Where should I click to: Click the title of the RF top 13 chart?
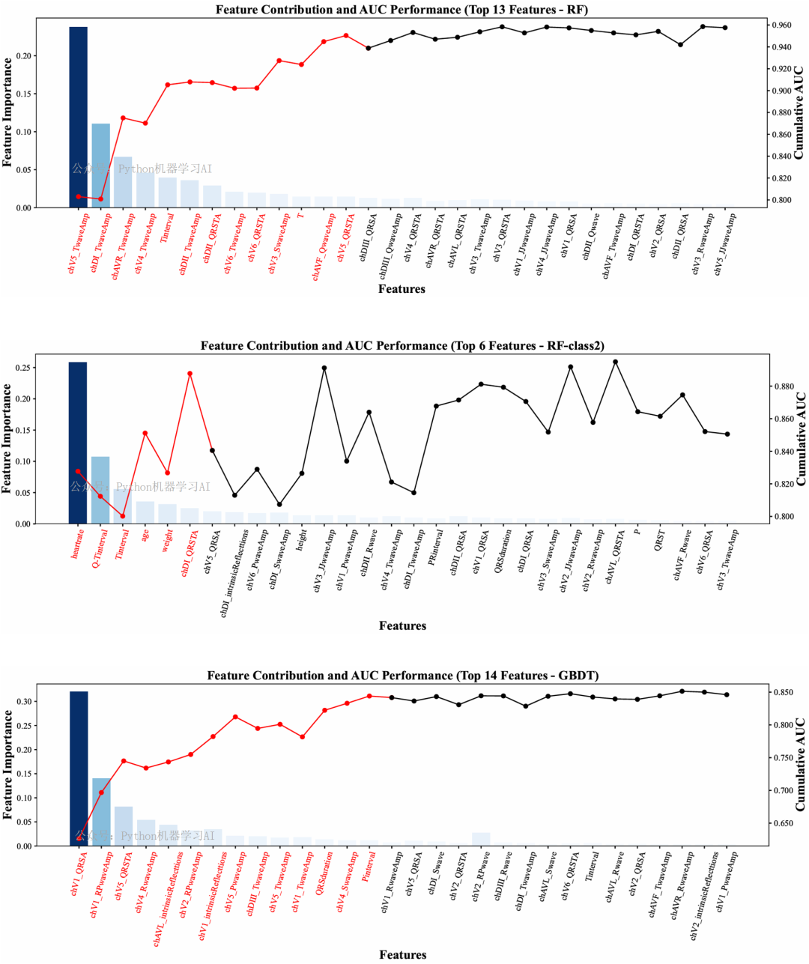coord(402,10)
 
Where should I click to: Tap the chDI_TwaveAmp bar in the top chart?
coord(100,166)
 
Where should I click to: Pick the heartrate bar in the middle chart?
coord(78,443)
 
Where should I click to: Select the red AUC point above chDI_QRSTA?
coord(190,374)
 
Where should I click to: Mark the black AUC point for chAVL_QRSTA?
coord(615,362)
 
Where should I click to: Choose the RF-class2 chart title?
coord(402,346)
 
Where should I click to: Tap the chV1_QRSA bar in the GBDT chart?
coord(79,769)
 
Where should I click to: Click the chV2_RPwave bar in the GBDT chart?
coord(481,839)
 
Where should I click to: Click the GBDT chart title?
coord(402,676)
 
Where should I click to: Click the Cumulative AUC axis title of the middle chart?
coord(800,438)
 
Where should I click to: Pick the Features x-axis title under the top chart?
coord(402,289)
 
